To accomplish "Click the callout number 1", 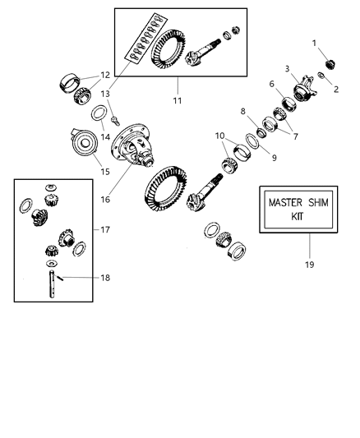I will (313, 42).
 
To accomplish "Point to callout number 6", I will (270, 84).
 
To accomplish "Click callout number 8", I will (243, 111).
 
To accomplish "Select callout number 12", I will (104, 75).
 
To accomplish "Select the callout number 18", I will (104, 278).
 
